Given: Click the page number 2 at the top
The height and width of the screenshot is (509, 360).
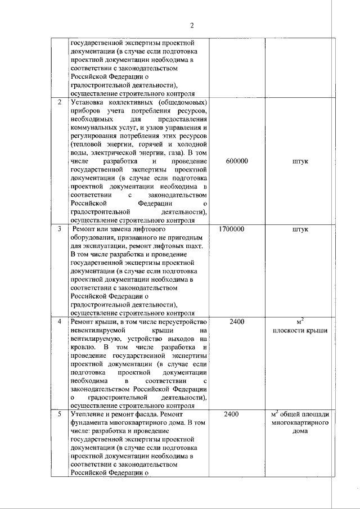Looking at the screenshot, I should pos(192,25).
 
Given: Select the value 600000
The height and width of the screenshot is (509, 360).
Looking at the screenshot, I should pos(237,161).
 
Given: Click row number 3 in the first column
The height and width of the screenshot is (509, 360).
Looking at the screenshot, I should pos(60,230).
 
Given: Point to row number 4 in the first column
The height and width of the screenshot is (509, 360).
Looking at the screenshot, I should pos(60,322).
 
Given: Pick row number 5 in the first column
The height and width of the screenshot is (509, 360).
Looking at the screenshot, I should pos(60,414).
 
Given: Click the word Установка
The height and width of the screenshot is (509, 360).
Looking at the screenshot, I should pos(87,102).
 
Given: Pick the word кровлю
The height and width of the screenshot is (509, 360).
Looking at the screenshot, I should pos(82,348).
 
